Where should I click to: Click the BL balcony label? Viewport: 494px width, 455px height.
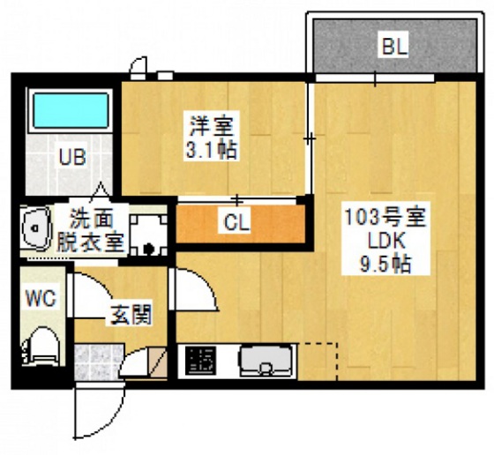[394, 47]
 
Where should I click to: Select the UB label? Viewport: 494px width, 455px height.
[71, 158]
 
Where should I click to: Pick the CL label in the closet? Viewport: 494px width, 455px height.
[236, 222]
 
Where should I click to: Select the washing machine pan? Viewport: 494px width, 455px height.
[148, 234]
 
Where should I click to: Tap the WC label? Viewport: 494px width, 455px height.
[41, 298]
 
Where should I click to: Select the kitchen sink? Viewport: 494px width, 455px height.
[266, 360]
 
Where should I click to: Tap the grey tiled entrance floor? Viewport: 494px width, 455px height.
[97, 361]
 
